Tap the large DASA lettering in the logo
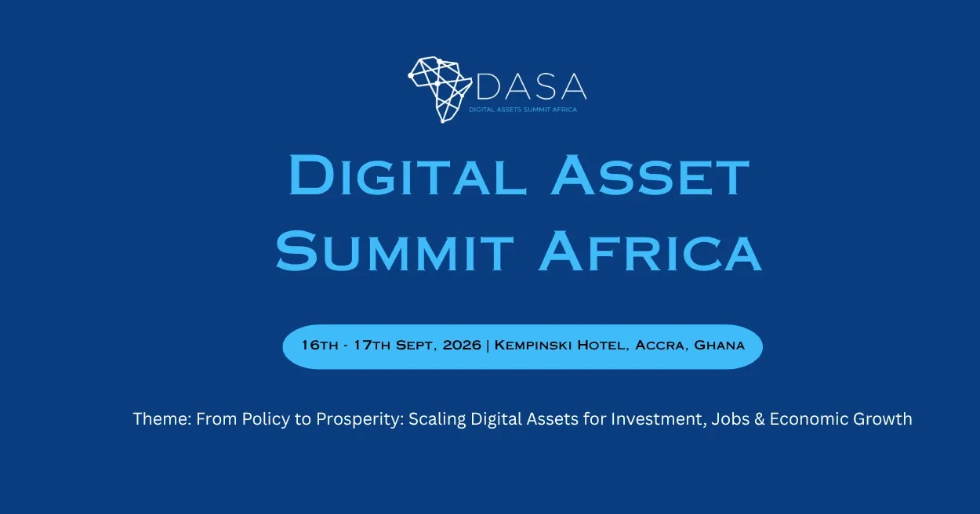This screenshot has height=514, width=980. (x=531, y=86)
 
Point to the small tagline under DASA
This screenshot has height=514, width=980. (x=523, y=110)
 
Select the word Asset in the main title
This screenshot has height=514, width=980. (x=650, y=175)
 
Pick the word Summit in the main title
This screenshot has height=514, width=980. (x=394, y=252)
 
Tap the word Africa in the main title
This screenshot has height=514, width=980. (x=650, y=252)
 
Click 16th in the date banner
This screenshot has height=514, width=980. (x=320, y=346)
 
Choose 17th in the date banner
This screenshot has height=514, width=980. (x=372, y=346)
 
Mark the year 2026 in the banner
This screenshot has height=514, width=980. (x=462, y=346)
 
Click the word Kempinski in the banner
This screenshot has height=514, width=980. (x=533, y=346)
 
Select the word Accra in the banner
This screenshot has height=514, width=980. (x=661, y=346)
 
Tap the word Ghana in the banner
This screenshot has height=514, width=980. (x=720, y=346)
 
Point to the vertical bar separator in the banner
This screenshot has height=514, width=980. (x=488, y=346)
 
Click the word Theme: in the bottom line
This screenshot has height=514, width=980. (x=162, y=418)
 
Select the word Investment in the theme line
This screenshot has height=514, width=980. (x=659, y=419)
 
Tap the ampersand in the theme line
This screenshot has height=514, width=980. (x=760, y=419)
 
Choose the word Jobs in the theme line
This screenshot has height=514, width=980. (x=730, y=419)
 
